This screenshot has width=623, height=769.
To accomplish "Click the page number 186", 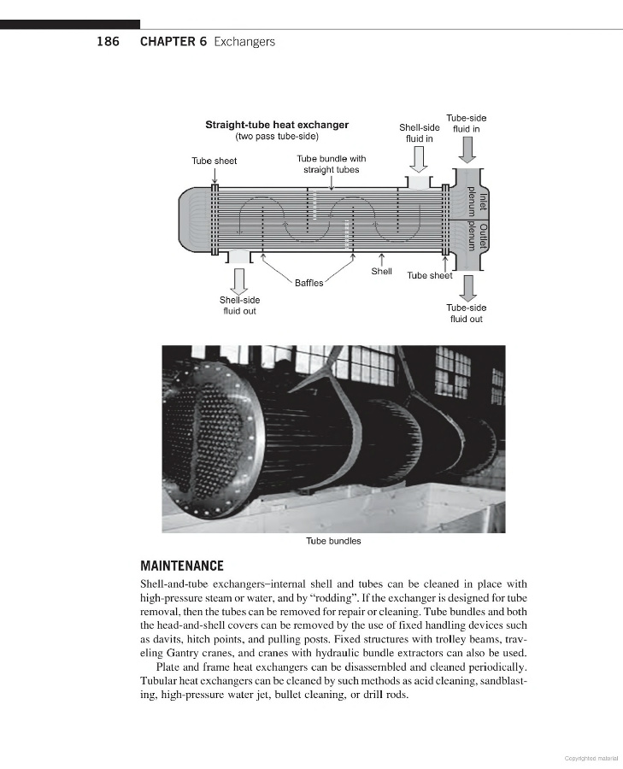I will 107,42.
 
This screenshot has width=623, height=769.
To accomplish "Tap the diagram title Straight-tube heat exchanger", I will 277,125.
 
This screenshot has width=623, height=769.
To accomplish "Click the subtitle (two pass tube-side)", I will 277,137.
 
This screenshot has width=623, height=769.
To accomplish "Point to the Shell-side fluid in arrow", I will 419,159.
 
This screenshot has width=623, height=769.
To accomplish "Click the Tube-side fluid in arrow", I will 467,150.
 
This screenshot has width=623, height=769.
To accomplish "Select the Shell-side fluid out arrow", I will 239,280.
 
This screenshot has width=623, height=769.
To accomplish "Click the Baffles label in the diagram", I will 309,283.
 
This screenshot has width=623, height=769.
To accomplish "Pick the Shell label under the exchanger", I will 381,272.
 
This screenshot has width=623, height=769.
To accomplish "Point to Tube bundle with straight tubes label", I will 332,164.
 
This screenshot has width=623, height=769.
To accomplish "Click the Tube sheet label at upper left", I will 215,161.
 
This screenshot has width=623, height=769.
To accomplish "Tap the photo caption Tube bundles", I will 333,541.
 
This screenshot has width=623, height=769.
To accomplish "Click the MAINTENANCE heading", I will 182,566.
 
